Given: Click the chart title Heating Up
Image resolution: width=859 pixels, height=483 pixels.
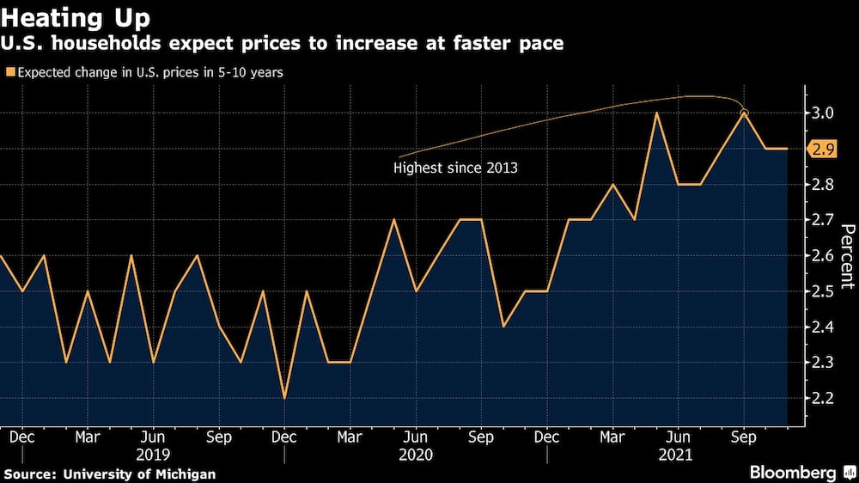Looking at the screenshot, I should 76,17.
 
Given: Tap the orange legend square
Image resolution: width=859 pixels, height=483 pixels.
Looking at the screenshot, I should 10,73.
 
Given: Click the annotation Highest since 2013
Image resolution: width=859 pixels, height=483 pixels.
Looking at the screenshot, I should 455,168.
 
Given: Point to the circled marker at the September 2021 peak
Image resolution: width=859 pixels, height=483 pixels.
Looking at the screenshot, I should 744,113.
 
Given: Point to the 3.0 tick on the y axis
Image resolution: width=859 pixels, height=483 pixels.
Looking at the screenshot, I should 824,113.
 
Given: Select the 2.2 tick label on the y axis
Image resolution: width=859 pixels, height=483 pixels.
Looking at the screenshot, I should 824,398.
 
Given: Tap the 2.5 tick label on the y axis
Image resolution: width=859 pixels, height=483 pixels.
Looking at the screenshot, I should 824,291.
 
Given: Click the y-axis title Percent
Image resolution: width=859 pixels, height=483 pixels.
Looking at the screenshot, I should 847,255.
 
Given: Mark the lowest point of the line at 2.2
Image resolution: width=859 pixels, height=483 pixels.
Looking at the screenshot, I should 284,398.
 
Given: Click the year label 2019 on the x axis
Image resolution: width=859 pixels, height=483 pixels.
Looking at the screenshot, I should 153,455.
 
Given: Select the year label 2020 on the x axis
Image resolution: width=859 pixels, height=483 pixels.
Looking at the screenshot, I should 416,455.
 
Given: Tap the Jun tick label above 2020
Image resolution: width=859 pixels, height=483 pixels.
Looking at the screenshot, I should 416,437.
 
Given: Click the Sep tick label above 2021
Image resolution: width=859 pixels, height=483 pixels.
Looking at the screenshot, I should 744,437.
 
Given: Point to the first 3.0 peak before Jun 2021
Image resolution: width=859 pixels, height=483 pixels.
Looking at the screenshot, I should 656,113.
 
